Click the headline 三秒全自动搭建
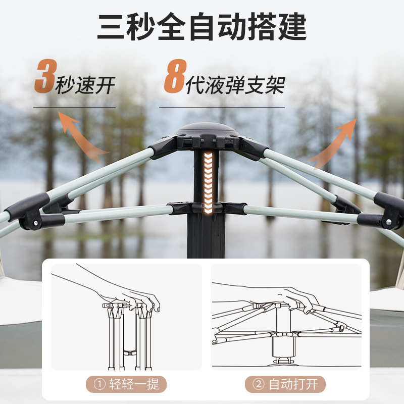(201, 27)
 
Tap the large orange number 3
(45, 76)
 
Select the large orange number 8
(175, 76)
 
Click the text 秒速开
(85, 84)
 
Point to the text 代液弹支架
(235, 84)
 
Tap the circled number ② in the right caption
(258, 384)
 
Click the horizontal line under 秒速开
(74, 108)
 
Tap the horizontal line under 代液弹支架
(222, 108)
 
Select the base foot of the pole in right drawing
(284, 361)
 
